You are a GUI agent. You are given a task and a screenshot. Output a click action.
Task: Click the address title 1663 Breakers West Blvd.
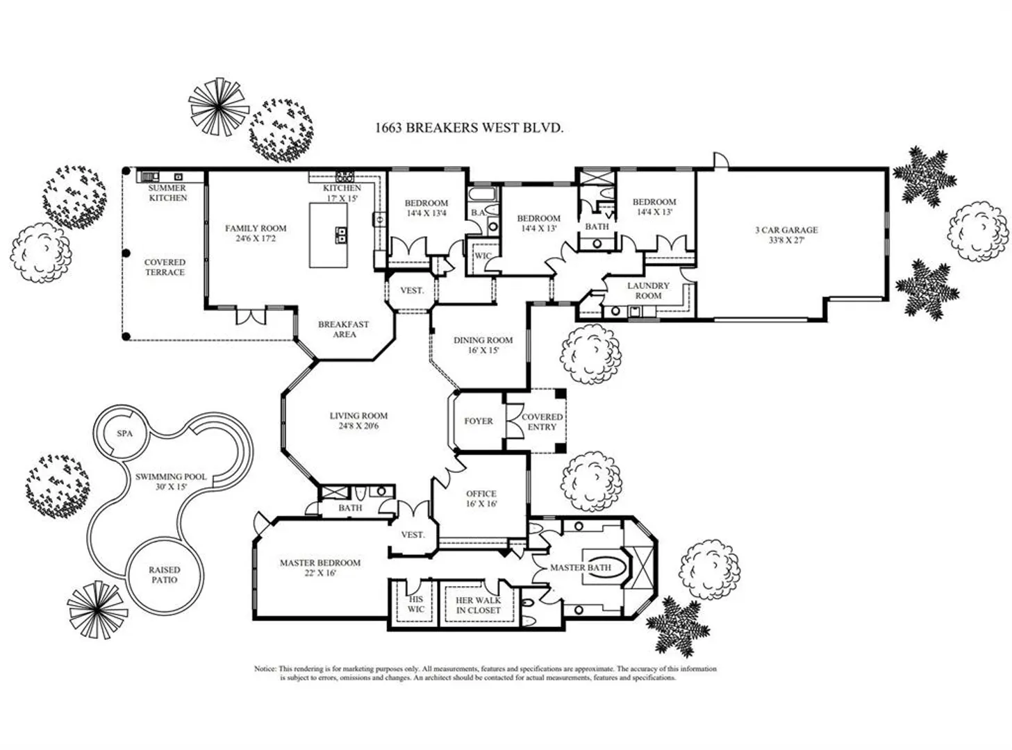pos(469,128)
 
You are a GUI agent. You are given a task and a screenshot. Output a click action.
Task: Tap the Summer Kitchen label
pos(167,193)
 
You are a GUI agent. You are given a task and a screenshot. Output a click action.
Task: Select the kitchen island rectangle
pos(328,235)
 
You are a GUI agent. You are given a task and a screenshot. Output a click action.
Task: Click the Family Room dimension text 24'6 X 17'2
pos(256,239)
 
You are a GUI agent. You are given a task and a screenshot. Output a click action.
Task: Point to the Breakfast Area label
pos(344,329)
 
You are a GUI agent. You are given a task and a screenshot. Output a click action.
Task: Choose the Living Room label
pos(358,416)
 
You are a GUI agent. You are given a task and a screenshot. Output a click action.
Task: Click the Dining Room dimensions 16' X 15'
pos(483,351)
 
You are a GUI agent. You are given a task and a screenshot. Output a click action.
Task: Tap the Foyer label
pos(479,422)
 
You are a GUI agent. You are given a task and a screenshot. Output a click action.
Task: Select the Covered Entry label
pos(542,422)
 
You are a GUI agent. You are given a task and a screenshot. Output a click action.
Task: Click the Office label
pos(481,494)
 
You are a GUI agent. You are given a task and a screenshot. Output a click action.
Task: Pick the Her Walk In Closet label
pos(478,606)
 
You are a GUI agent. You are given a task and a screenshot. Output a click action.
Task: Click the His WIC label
pos(415,604)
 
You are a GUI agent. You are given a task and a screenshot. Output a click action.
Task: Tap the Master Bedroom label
pos(320,563)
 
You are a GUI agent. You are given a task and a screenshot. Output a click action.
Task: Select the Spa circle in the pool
pos(124,433)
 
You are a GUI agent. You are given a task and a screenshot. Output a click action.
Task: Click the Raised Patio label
pos(164,575)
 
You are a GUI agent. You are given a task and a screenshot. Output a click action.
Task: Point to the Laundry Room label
pos(648,290)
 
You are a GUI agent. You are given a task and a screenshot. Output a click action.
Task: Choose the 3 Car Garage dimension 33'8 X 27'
pos(786,240)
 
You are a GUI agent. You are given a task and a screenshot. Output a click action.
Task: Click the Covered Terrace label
pos(165,267)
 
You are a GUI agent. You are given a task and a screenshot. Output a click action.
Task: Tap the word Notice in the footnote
pos(265,669)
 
